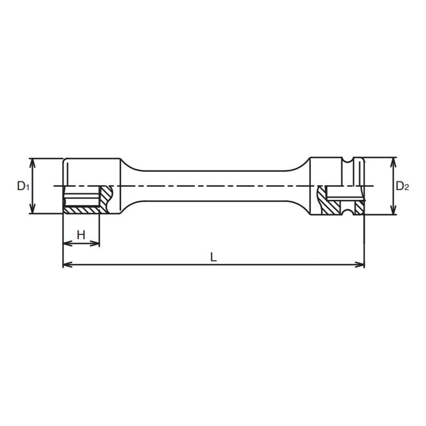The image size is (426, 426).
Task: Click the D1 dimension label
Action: click(22, 186)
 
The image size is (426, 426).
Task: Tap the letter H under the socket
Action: click(81, 234)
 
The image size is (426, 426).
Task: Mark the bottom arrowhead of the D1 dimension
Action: click(33, 211)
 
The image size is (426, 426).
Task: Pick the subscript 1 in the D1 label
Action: click(26, 188)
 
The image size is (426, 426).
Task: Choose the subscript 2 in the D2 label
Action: click(407, 188)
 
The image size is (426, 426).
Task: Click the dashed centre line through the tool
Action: click(213, 186)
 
